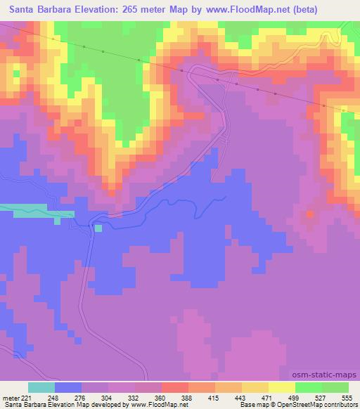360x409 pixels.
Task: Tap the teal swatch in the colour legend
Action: tap(41, 387)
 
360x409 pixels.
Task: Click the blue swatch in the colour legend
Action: tap(67, 387)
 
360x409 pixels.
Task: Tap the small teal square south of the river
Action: tap(98, 228)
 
